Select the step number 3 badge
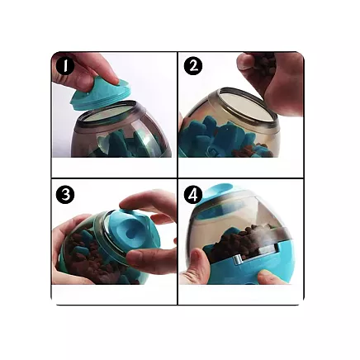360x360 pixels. pyautogui.click(x=65, y=195)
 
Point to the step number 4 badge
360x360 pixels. pyautogui.click(x=193, y=195)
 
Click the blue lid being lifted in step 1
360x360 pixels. pyautogui.click(x=97, y=91)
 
